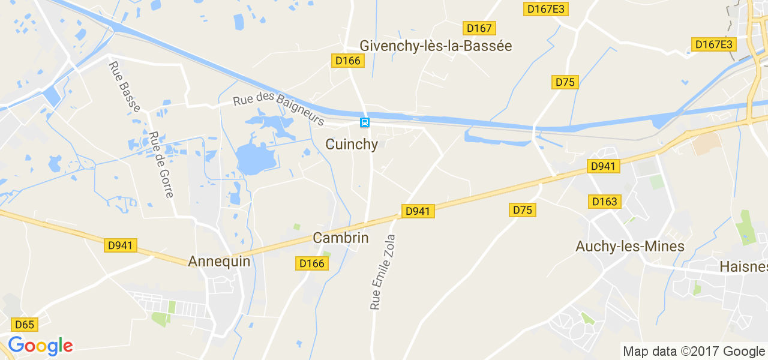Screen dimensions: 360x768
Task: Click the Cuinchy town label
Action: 352,145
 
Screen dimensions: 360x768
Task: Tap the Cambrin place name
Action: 340,238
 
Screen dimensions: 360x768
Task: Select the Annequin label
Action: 219,261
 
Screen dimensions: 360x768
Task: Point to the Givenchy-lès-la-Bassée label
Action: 436,46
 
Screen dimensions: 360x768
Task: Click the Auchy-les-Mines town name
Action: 629,247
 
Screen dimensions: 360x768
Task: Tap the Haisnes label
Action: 743,266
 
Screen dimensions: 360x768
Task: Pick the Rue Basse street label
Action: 125,86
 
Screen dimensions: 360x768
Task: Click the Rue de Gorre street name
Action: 161,165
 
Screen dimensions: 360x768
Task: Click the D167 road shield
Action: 479,28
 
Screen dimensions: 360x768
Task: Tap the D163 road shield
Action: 604,202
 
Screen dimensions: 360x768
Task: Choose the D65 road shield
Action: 25,325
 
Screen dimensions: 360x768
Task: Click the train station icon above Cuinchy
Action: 364,122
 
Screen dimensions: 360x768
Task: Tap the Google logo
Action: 40,346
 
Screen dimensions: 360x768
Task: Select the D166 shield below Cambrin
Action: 311,263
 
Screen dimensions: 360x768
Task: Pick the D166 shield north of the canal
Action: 347,61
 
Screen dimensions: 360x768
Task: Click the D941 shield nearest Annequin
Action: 121,245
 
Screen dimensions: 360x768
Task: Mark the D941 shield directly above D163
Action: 602,166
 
